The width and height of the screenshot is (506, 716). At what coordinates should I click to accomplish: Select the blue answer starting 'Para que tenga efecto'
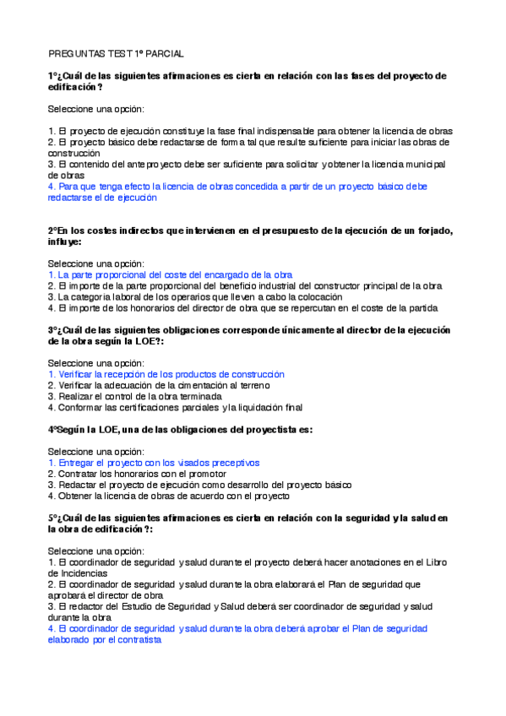click(x=238, y=187)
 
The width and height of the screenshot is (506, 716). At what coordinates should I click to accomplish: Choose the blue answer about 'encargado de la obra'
click(x=171, y=274)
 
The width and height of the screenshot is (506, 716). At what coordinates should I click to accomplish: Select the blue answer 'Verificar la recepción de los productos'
click(x=166, y=374)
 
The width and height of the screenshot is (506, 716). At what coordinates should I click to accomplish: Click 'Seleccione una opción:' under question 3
click(x=96, y=363)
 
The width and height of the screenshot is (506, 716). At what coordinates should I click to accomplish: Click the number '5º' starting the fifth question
click(x=53, y=518)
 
